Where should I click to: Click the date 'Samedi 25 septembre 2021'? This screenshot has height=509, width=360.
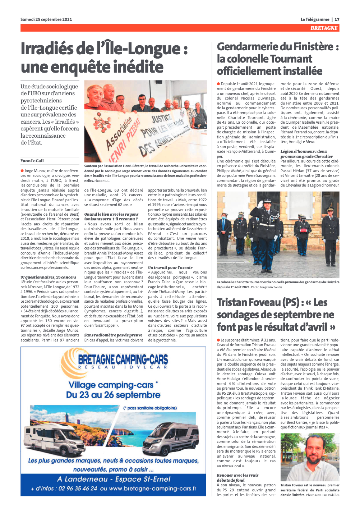(x=46, y=19)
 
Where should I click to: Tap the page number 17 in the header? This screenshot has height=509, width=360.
(x=337, y=19)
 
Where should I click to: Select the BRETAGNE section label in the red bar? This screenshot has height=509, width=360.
(x=324, y=28)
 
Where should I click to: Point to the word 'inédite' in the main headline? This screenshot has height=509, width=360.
(x=138, y=67)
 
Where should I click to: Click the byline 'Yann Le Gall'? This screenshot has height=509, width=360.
(x=32, y=161)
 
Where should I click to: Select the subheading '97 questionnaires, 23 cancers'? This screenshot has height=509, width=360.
(x=48, y=277)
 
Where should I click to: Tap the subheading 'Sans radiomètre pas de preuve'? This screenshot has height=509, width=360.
(x=113, y=335)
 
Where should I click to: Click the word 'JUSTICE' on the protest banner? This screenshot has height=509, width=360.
(x=161, y=118)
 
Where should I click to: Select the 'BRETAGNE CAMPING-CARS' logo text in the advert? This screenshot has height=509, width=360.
(x=123, y=359)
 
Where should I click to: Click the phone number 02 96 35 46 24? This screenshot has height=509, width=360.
(x=78, y=489)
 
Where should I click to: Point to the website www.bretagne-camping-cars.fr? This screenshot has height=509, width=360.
(x=152, y=489)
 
